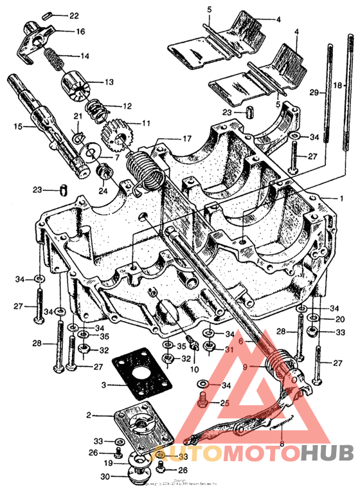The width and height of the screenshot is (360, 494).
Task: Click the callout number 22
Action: click(74, 15)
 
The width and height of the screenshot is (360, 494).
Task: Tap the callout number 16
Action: click(80, 31)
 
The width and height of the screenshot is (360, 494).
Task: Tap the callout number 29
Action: click(314, 93)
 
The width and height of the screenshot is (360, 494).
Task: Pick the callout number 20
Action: click(340, 319)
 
